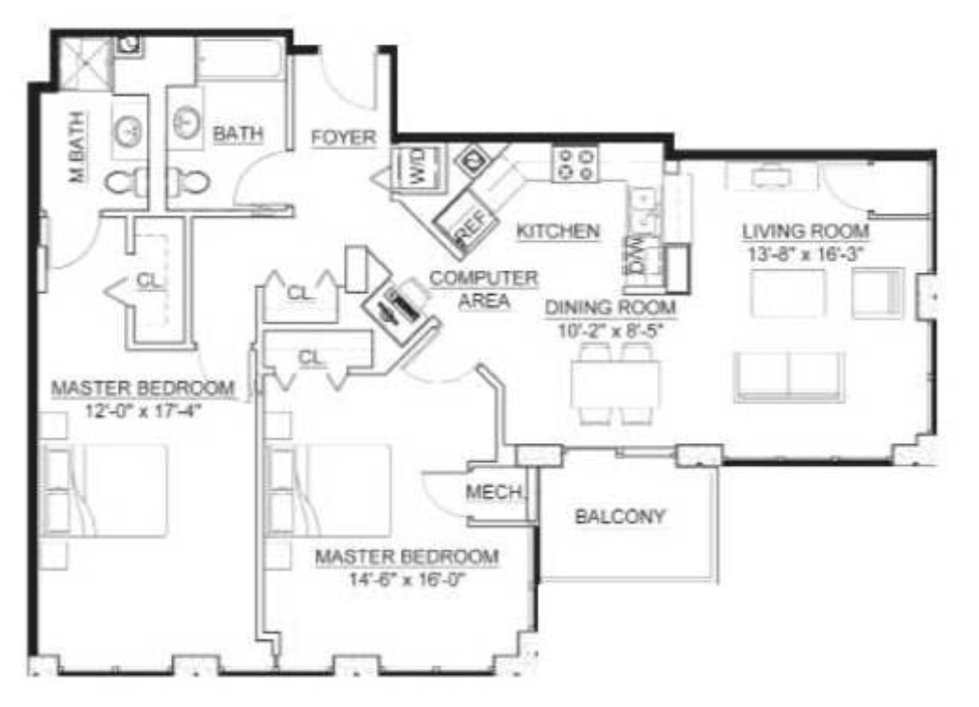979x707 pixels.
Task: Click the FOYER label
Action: coord(343,137)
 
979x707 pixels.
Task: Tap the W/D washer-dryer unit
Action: coord(417,166)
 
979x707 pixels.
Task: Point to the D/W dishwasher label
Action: coord(636,257)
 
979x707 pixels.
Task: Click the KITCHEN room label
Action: coord(558,232)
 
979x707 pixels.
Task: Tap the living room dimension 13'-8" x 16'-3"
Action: coord(805,254)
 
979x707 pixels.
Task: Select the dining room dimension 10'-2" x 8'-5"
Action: coord(610,330)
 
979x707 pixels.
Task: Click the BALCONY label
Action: coord(620,517)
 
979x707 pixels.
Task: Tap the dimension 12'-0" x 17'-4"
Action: coord(144,411)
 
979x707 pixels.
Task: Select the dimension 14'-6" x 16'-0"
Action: coord(407,579)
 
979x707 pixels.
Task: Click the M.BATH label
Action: coord(77,147)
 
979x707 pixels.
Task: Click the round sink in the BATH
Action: coord(186,121)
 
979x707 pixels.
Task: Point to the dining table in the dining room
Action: coord(615,383)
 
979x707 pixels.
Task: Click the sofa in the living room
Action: coord(789,376)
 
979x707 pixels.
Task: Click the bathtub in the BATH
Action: coord(240,60)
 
